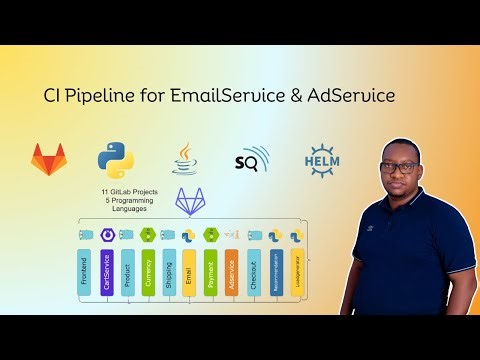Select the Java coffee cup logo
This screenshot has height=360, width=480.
point(183,158)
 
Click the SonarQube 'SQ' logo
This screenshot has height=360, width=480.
point(250,159)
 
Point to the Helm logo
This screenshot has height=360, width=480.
point(319,159)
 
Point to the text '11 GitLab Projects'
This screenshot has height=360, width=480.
point(130,190)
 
